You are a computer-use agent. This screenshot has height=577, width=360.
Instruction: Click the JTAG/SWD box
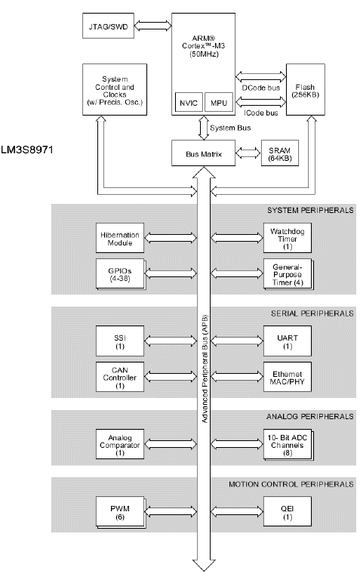pyautogui.click(x=108, y=26)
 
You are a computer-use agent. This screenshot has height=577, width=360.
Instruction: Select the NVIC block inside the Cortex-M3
pyautogui.click(x=189, y=103)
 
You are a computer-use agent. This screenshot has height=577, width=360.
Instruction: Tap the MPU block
pyautogui.click(x=218, y=103)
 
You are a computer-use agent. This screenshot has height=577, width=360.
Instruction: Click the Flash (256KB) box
pyautogui.click(x=305, y=89)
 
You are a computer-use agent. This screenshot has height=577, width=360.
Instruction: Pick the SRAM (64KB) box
pyautogui.click(x=279, y=153)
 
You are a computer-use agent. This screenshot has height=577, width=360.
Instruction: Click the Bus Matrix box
pyautogui.click(x=203, y=153)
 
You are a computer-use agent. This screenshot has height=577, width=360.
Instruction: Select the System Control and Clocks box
pyautogui.click(x=115, y=89)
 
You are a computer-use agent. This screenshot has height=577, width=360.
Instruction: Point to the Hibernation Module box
pyautogui.click(x=120, y=238)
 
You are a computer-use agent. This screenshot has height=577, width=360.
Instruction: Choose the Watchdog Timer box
pyautogui.click(x=288, y=238)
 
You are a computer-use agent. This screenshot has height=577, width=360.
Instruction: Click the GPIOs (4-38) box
pyautogui.click(x=120, y=274)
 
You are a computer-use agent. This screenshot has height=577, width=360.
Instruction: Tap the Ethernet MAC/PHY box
pyautogui.click(x=288, y=377)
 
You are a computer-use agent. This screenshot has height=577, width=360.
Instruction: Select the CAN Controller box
pyautogui.click(x=120, y=377)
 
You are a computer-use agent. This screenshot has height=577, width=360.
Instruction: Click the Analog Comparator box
pyautogui.click(x=120, y=444)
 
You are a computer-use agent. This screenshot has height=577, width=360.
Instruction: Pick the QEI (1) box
pyautogui.click(x=288, y=511)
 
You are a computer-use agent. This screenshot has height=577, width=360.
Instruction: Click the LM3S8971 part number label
pyautogui.click(x=27, y=150)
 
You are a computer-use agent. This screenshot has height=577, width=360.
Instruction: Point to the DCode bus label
pyautogui.click(x=260, y=88)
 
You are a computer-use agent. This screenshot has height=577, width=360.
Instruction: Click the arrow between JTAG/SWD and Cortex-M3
pyautogui.click(x=153, y=26)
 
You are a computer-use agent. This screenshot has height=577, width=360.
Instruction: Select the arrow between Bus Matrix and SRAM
pyautogui.click(x=248, y=153)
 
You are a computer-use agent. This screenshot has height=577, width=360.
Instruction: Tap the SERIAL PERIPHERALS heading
pyautogui.click(x=312, y=313)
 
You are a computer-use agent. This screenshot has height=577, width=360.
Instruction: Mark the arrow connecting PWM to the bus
pyautogui.click(x=171, y=511)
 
